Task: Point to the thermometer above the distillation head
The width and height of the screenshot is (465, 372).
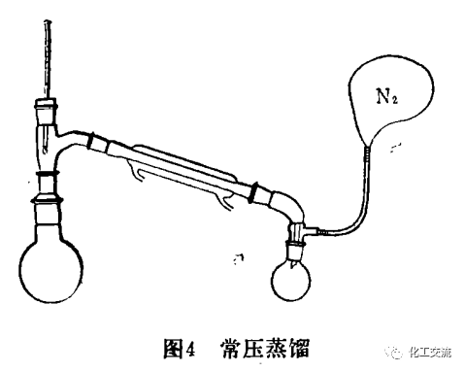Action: pos(46,49)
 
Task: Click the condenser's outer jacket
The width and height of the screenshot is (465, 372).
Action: pos(184,165)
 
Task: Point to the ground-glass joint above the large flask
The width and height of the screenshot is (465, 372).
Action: pos(50,187)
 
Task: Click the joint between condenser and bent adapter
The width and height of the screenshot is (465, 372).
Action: pos(256,191)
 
